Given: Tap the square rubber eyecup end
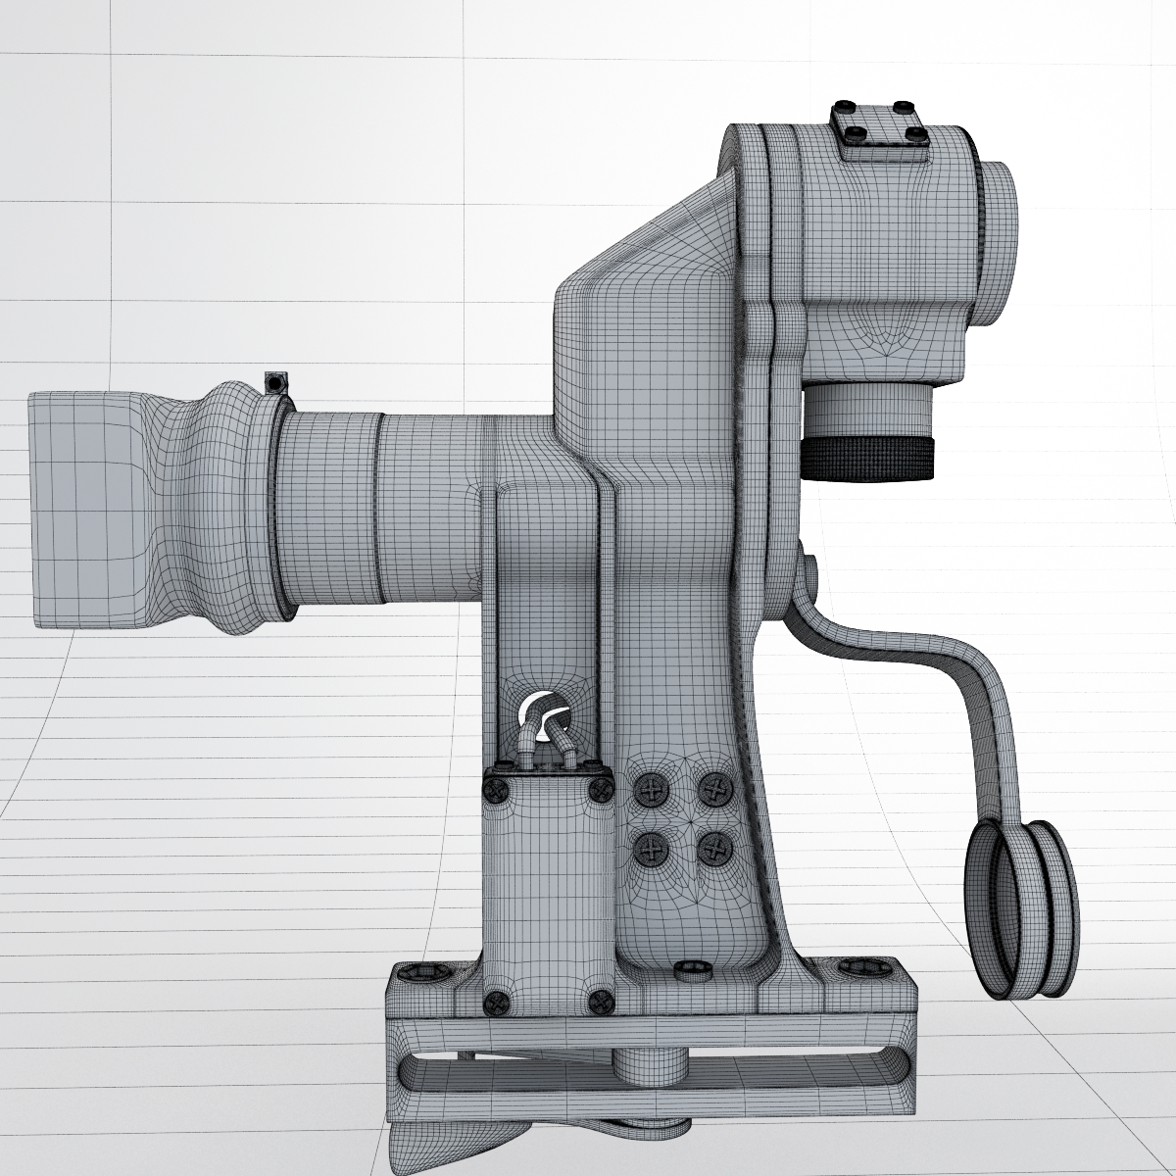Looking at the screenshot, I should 78,510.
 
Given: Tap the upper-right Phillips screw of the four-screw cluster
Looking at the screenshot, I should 717,787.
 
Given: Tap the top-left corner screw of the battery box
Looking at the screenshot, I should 497,789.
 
